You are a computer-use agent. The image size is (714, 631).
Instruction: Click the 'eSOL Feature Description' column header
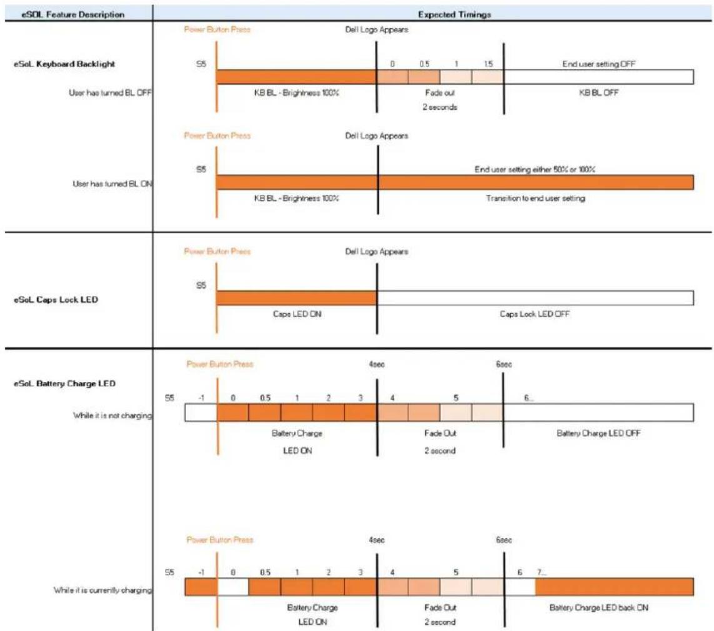pos(73,14)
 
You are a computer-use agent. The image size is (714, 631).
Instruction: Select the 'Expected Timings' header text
pos(454,14)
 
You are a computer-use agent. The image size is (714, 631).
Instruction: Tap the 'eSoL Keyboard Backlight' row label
pos(64,64)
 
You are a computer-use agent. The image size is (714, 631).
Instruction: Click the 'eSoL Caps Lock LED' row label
pos(56,300)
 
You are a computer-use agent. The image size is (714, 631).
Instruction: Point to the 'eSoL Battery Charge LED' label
pos(65,383)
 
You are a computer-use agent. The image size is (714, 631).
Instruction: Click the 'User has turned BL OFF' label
pos(110,93)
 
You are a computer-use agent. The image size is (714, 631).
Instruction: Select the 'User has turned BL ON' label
pos(112,184)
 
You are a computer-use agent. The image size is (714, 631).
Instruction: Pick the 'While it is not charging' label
pos(112,415)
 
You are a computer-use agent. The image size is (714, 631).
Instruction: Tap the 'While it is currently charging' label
pos(103,590)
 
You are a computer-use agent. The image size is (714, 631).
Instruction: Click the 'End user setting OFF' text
pos(598,64)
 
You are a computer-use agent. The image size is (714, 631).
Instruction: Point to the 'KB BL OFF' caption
pos(598,93)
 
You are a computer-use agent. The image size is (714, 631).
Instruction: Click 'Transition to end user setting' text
pos(535,198)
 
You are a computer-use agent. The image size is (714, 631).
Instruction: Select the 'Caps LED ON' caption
pos(297,314)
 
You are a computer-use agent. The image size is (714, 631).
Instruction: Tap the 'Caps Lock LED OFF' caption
pos(535,314)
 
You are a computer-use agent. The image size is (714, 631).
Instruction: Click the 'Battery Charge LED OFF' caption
pos(598,433)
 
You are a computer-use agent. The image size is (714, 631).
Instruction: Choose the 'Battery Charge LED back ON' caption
pos(599,607)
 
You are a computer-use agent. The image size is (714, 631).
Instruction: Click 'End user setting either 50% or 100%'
pos(535,169)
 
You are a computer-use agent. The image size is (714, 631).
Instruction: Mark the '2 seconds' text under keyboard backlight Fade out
pos(440,107)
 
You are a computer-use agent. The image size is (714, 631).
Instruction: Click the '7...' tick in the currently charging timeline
pos(542,572)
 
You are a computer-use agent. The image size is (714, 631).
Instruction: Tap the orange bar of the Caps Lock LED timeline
pos(297,298)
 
